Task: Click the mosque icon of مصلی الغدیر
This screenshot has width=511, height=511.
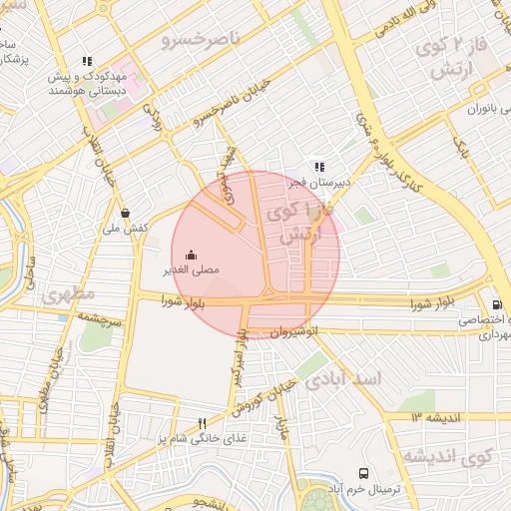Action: [x=192, y=255]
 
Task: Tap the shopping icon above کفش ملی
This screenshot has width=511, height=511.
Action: [x=125, y=213]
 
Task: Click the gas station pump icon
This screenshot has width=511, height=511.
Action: [x=496, y=305]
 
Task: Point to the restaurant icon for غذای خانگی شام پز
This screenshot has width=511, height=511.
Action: [x=203, y=423]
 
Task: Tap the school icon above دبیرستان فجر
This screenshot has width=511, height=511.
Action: [x=318, y=168]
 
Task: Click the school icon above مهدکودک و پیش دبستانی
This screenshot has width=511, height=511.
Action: [x=87, y=61]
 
